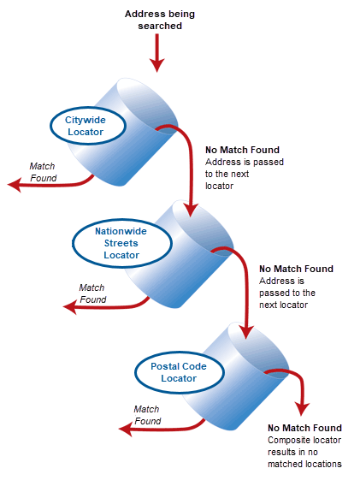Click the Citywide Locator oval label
[x=85, y=127]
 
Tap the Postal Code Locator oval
[x=179, y=372]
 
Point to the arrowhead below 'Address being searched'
[x=156, y=65]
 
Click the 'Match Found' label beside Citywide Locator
[x=43, y=172]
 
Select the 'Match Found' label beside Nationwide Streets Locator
[x=92, y=293]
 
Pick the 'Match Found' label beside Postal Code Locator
[x=147, y=415]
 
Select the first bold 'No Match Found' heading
[x=243, y=149]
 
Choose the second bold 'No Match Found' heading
[x=296, y=269]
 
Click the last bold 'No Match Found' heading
[x=304, y=428]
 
